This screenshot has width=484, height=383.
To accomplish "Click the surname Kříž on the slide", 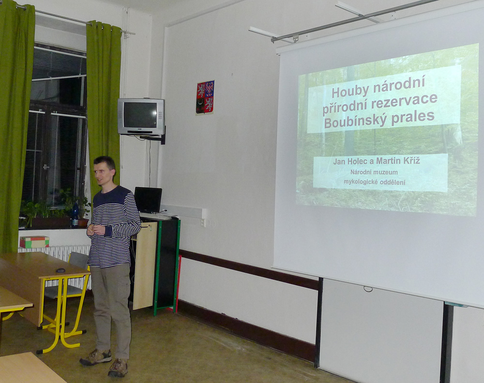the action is tap(412, 160).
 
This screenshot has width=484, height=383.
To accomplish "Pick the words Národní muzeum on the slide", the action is tap(374, 172).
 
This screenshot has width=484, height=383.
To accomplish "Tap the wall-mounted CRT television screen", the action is tap(140, 115).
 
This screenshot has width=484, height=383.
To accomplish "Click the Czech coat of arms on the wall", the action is tap(205, 97).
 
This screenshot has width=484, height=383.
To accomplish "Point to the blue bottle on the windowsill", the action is tap(75, 215).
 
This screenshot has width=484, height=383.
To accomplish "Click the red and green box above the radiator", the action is tap(34, 242).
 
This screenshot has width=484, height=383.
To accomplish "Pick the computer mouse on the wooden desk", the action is tap(60, 270).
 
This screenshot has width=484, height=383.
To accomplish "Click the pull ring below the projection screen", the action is tap(368, 289).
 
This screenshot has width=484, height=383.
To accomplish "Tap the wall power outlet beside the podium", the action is tap(203, 221).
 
